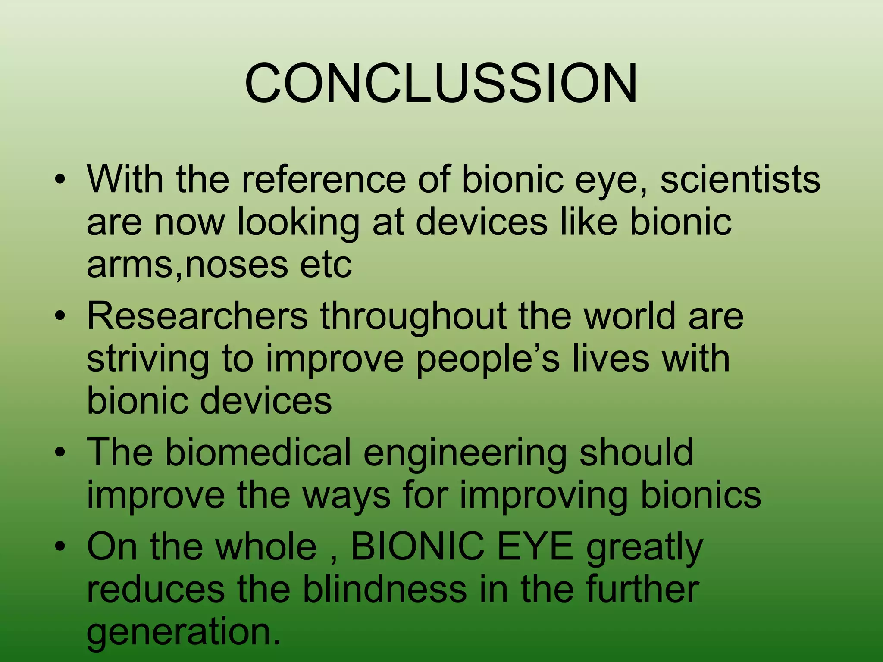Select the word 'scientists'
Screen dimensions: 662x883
click(740, 179)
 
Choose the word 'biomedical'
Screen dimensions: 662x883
click(257, 453)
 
